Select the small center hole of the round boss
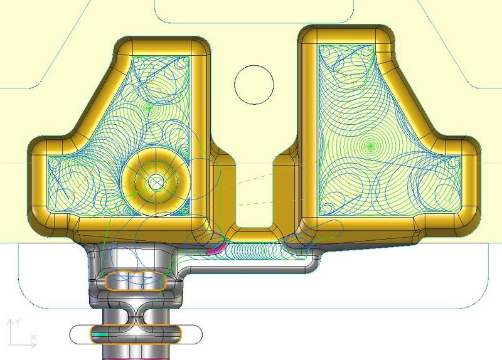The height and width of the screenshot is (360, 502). pos(156,182)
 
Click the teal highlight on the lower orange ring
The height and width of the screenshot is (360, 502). pos(99,335)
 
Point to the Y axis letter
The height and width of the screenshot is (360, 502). pos(18,321)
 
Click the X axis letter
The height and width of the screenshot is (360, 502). pos(34,337)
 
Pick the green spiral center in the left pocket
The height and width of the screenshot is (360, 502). pos(149,108)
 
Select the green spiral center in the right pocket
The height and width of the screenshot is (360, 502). pos(370,146)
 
